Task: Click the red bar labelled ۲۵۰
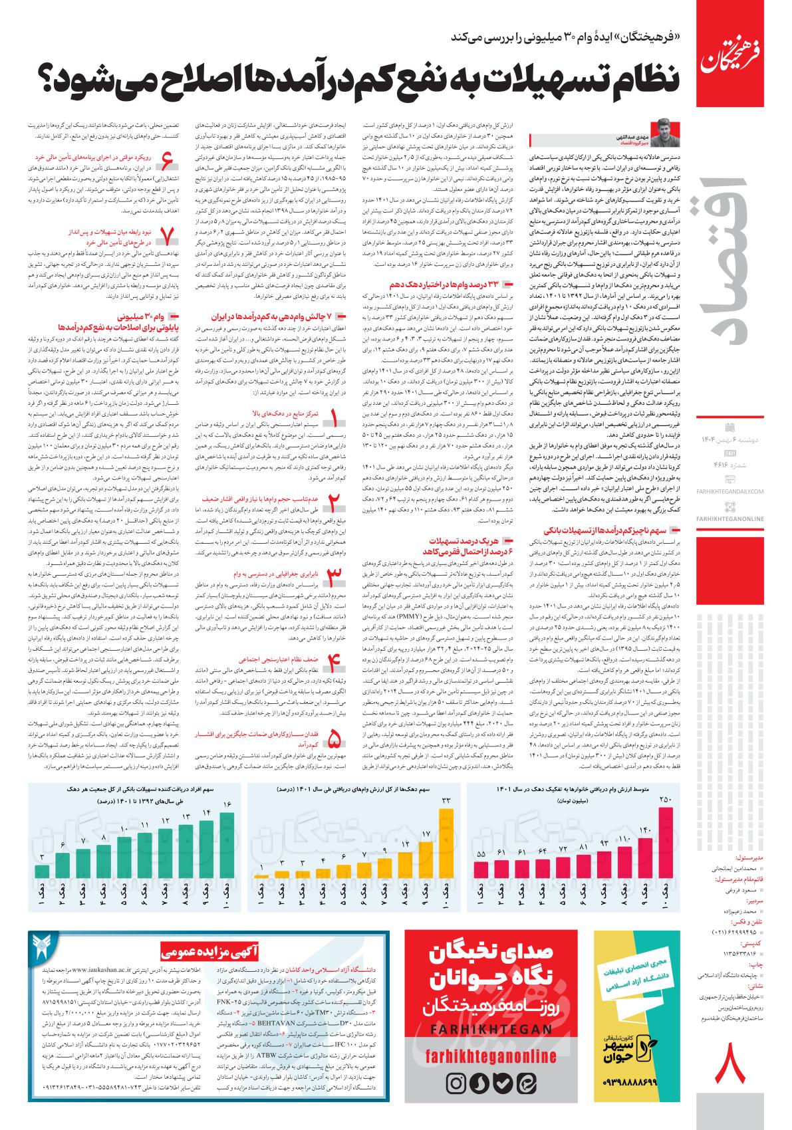pos(666,857)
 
